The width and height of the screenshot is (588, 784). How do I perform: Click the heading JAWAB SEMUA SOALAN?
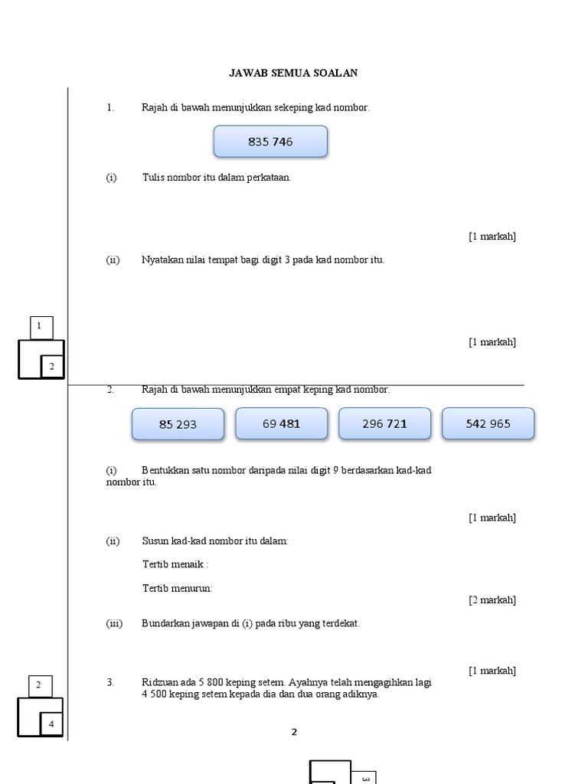point(293,73)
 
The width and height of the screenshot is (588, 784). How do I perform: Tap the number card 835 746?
point(270,142)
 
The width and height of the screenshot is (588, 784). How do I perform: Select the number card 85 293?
point(178,424)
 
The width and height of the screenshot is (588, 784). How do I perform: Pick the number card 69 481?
point(281,423)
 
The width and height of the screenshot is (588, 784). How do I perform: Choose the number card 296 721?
point(384,423)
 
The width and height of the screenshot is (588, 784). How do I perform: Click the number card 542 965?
point(488,423)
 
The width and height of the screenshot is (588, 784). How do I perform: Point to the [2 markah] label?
point(492,599)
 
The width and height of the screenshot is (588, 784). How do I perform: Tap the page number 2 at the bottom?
point(294,732)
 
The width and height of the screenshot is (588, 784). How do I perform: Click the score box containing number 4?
point(52,724)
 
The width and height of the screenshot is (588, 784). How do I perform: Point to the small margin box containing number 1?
point(41,327)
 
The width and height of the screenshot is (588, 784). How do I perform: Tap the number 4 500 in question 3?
point(157,695)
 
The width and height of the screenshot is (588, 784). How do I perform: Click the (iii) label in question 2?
point(114,623)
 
